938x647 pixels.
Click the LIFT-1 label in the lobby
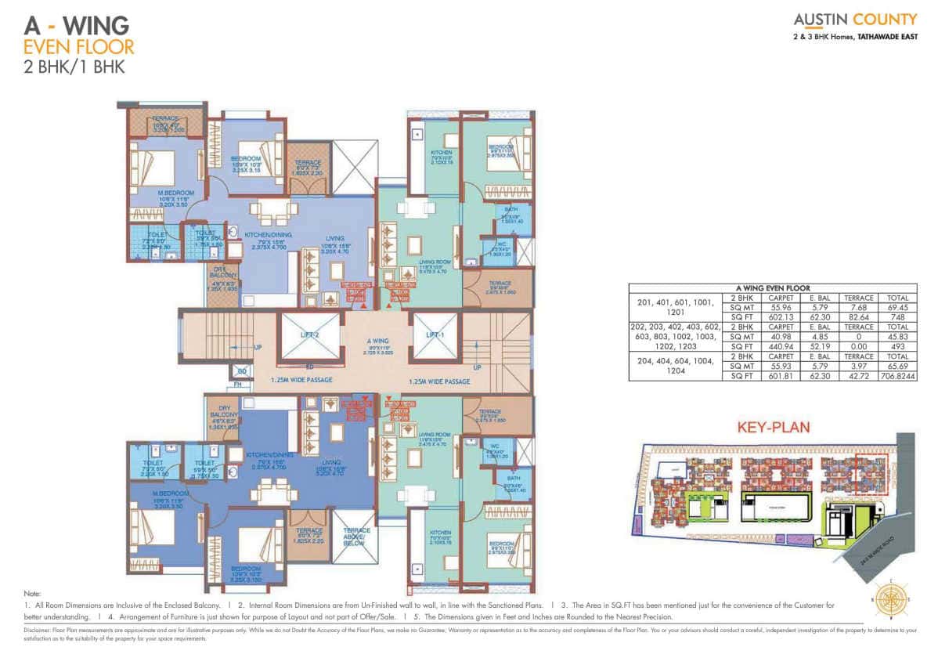[x=435, y=334]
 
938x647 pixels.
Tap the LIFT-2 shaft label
[x=310, y=334]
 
